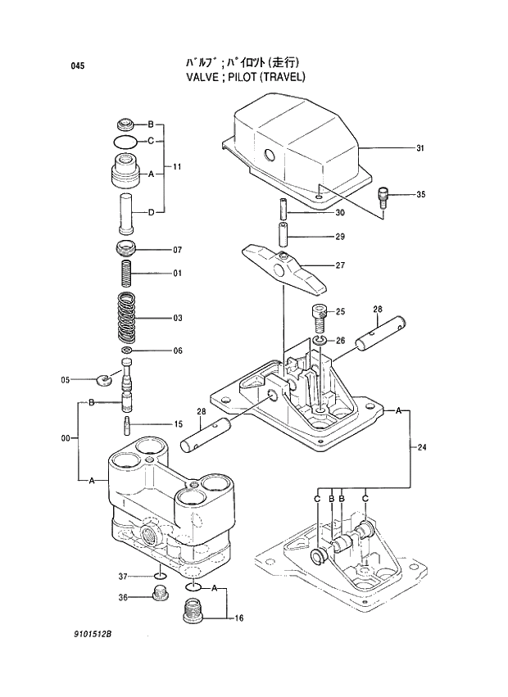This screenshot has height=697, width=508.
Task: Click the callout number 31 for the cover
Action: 420,148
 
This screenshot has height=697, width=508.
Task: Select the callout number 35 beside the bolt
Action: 420,195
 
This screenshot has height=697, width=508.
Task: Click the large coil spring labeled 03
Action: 126,318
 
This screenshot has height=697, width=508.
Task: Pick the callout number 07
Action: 177,250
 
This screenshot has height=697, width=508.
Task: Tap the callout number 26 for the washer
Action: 340,341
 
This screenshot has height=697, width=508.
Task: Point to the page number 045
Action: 78,66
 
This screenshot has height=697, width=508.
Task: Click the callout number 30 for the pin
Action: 340,214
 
